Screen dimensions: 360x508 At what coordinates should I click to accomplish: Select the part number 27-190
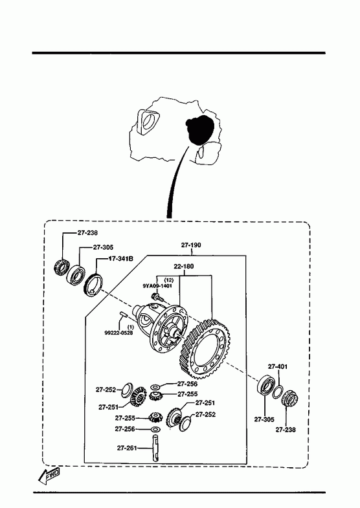click(x=191, y=245)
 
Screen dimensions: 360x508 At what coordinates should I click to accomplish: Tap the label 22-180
click(x=184, y=267)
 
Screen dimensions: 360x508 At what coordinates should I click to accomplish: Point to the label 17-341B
click(x=120, y=259)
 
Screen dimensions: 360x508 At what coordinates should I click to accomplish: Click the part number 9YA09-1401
click(x=157, y=286)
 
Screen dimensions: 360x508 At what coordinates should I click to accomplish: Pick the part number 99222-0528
click(x=118, y=333)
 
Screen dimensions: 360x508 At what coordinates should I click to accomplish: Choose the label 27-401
click(x=278, y=366)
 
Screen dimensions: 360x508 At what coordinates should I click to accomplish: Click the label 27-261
click(x=127, y=448)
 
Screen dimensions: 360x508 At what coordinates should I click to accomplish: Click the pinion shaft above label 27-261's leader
click(x=156, y=447)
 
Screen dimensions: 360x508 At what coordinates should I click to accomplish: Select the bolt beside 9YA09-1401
click(x=156, y=296)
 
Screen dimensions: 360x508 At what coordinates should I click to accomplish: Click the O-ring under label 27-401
click(x=278, y=392)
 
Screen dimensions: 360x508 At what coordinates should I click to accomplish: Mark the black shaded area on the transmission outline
click(x=199, y=129)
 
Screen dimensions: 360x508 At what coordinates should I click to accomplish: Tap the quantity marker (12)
click(x=168, y=280)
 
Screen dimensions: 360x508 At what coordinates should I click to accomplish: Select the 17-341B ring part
click(x=93, y=285)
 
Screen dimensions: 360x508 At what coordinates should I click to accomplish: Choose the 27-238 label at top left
click(x=87, y=232)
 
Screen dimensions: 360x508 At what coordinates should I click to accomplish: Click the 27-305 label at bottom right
click(x=264, y=419)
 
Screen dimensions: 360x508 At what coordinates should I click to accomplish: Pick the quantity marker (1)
click(x=131, y=327)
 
